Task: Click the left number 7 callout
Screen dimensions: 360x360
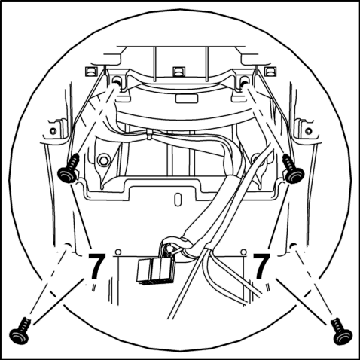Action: point(96,266)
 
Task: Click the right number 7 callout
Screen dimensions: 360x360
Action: point(261,266)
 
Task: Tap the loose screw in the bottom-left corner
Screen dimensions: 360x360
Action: point(20,330)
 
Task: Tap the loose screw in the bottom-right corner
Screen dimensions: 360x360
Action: point(342,331)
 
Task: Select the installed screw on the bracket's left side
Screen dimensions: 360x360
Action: point(69,168)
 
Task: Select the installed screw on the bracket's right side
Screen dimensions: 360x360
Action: point(293,169)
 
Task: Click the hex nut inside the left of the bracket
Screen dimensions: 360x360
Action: point(103,160)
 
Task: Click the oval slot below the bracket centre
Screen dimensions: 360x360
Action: point(178,199)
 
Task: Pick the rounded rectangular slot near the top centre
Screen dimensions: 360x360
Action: point(187,99)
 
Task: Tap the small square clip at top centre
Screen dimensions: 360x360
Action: point(179,72)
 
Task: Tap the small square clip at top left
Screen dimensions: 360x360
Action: point(91,72)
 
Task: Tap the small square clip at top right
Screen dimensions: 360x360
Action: point(270,72)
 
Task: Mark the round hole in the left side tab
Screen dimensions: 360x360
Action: point(53,131)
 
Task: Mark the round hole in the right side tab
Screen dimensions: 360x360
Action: point(309,131)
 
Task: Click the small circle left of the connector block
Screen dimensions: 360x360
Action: point(118,252)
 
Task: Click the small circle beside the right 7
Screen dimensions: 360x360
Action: point(243,252)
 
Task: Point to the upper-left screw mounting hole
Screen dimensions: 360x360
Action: point(117,81)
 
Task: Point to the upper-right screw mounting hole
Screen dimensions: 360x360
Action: point(244,81)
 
